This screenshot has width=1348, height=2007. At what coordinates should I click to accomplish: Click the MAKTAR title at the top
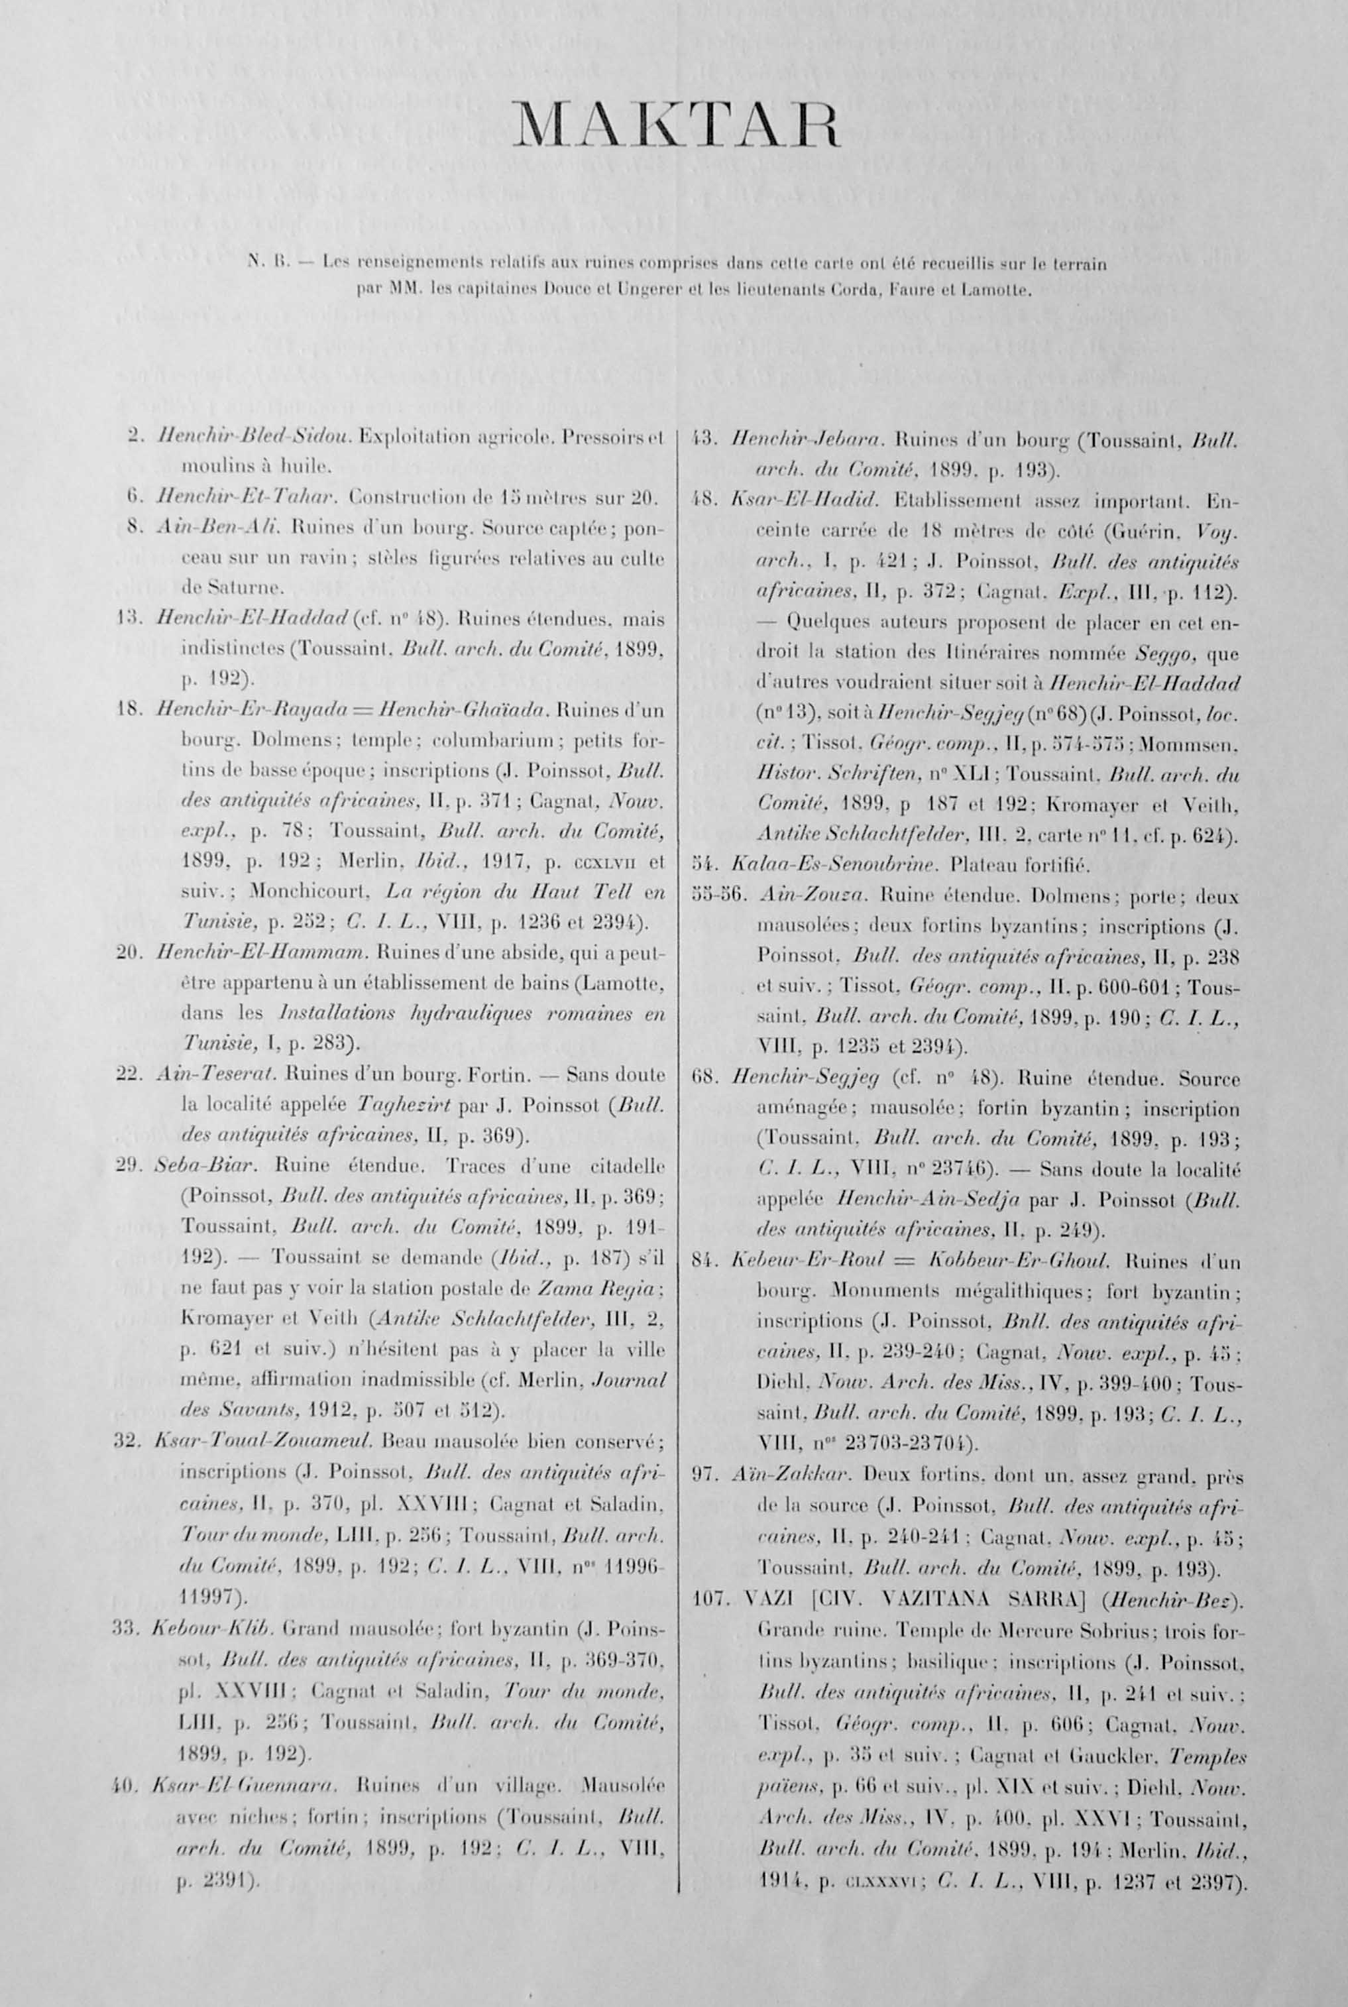[675, 127]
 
